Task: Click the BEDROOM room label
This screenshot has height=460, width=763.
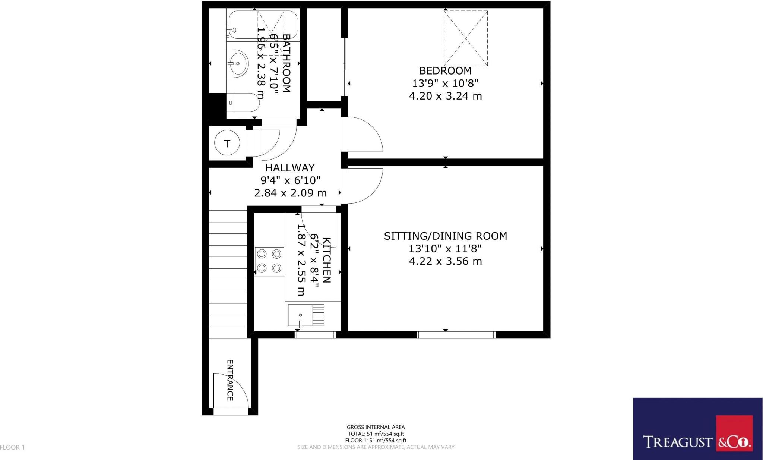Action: [x=445, y=70]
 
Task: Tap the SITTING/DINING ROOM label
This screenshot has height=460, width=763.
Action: [x=445, y=236]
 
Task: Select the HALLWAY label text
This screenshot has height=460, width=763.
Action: [x=290, y=168]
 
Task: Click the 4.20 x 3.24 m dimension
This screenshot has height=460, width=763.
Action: [x=445, y=96]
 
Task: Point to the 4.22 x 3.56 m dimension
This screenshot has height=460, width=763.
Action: [x=445, y=261]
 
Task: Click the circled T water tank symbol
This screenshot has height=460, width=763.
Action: [x=227, y=143]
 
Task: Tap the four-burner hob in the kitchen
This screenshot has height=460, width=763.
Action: [x=269, y=261]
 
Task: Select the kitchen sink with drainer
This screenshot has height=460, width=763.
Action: [x=306, y=315]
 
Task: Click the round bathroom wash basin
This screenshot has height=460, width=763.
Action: [x=237, y=64]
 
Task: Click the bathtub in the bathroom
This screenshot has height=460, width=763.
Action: [x=262, y=25]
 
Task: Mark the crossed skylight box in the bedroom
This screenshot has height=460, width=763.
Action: [x=466, y=38]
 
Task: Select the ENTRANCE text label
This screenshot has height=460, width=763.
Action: [x=230, y=380]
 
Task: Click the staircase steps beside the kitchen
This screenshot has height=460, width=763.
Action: [x=228, y=274]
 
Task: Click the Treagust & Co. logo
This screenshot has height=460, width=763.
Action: [x=697, y=429]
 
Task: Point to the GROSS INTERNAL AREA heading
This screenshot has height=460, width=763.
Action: [x=376, y=427]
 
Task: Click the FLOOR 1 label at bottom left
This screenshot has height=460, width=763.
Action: [x=12, y=447]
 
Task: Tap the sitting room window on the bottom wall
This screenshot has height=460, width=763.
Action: [x=456, y=335]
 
